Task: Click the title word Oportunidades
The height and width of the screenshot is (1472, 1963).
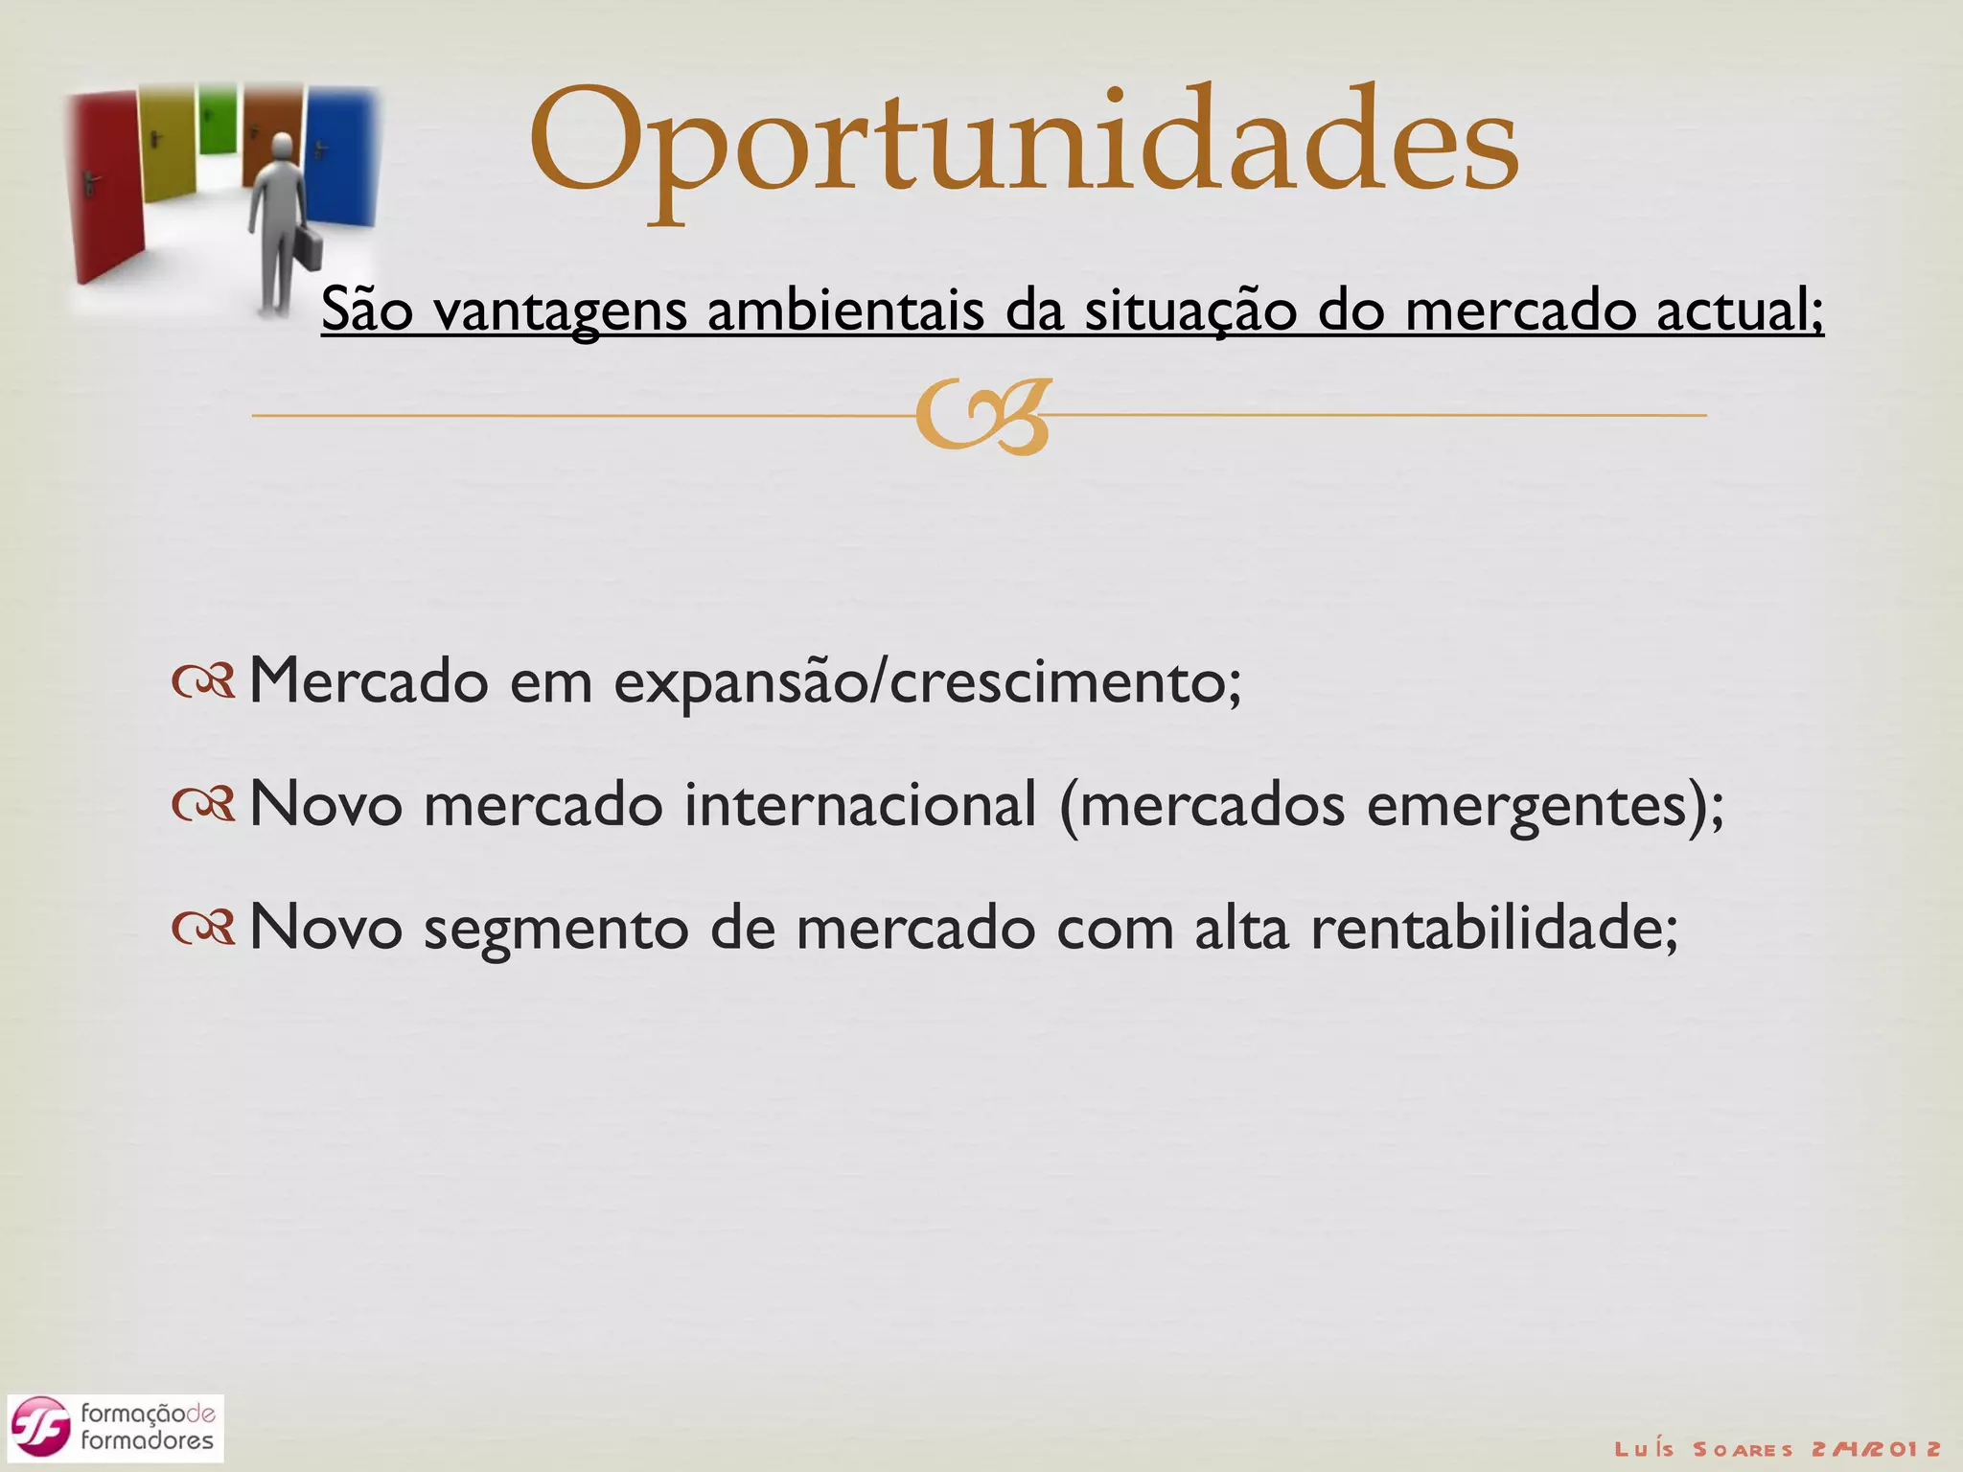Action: click(x=1023, y=144)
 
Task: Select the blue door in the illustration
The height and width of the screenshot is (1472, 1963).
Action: click(x=340, y=158)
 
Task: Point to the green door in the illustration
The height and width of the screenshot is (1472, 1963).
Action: click(x=218, y=120)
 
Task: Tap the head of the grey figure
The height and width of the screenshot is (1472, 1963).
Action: click(x=283, y=147)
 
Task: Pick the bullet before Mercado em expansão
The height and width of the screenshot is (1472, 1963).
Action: click(x=203, y=682)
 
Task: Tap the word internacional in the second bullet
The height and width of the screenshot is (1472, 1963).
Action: click(x=860, y=805)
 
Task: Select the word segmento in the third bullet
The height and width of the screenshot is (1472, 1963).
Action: click(x=556, y=930)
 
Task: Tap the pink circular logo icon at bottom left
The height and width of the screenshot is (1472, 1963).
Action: click(x=40, y=1428)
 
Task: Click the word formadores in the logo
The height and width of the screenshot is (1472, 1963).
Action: click(x=147, y=1440)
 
